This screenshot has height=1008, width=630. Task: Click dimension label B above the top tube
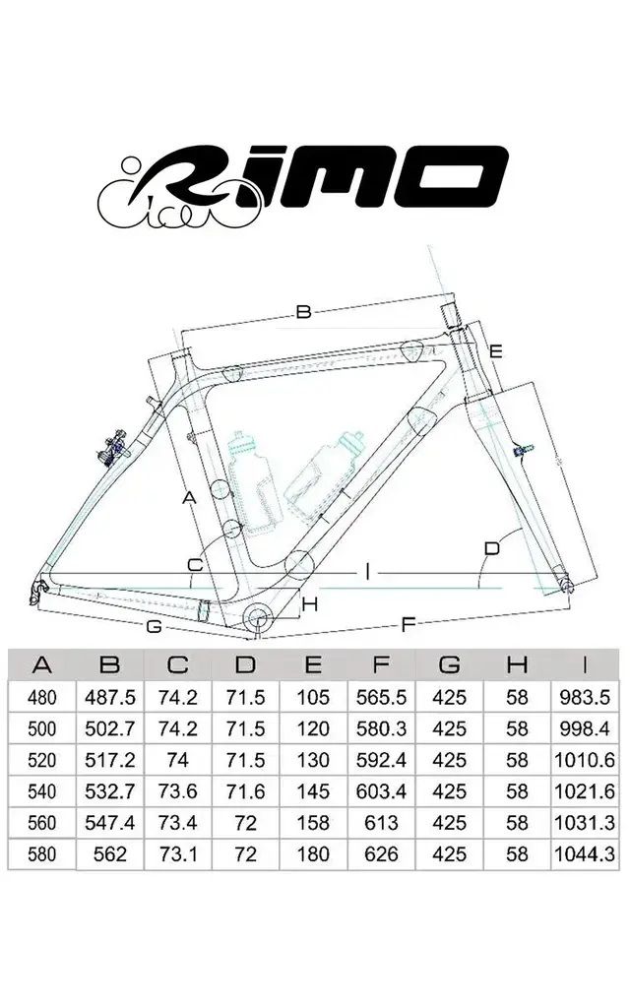point(303,312)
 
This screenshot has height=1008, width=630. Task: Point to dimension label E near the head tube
point(496,351)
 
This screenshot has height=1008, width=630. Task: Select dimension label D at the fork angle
point(493,547)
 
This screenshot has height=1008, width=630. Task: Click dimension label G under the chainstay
point(153,626)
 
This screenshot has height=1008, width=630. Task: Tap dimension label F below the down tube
point(408,623)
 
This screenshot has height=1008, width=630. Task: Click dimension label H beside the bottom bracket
point(309,603)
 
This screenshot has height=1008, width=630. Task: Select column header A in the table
point(41,665)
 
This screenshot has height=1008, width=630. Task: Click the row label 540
point(41,791)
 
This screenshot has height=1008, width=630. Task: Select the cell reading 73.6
point(177,791)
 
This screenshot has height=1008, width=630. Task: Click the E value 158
point(313,823)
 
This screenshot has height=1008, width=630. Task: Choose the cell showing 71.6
point(245,791)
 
